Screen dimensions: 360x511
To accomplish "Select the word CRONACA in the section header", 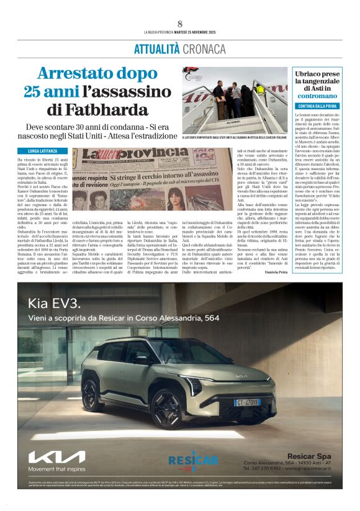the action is (203, 48).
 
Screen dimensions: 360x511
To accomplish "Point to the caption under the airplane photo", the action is (235, 137).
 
